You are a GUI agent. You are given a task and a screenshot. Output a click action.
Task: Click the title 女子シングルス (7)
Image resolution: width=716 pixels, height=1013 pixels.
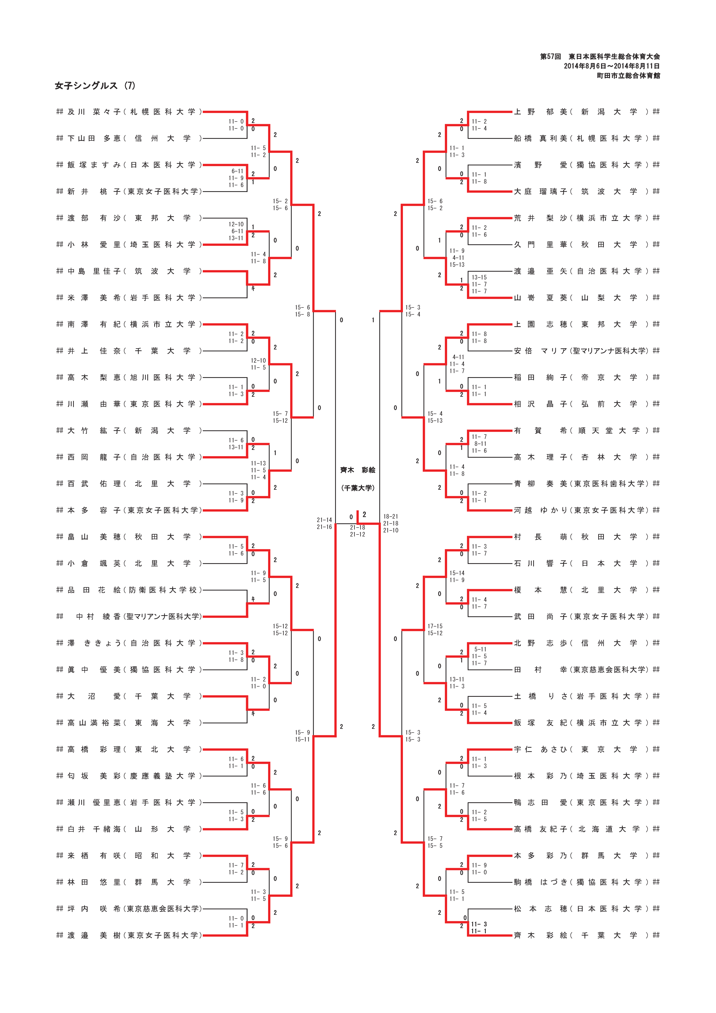(x=95, y=85)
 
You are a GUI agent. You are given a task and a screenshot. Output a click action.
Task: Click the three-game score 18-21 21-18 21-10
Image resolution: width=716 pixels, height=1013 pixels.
(x=390, y=523)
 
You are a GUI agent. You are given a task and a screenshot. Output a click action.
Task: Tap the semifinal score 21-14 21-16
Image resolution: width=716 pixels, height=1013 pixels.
(x=324, y=523)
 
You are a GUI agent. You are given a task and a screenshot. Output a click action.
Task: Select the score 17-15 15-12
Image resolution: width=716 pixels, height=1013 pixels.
(x=435, y=630)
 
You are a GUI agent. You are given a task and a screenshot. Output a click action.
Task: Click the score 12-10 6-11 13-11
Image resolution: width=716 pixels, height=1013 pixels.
(x=236, y=231)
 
